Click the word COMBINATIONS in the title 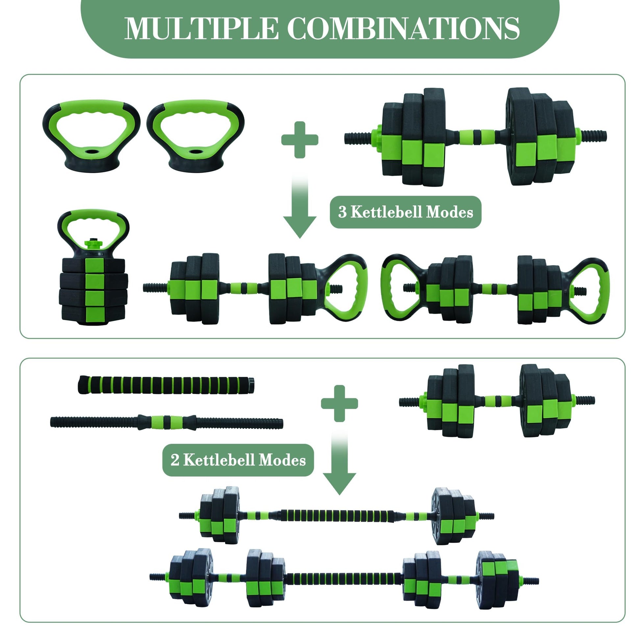pos(403,29)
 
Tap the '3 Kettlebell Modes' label pos(405,212)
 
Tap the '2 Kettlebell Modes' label pos(238,460)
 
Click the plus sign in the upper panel pos(300,139)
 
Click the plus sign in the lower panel pos(339,403)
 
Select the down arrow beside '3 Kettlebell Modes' pos(300,212)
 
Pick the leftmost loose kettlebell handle pos(91,136)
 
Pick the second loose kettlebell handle pos(195,136)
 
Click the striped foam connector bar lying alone pos(166,384)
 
